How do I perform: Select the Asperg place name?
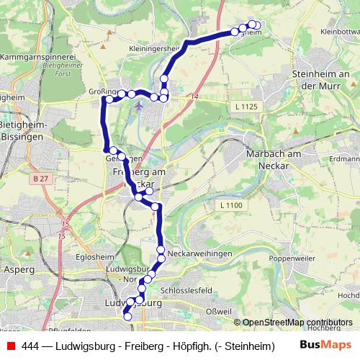point(19,269)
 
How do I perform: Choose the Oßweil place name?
point(219,310)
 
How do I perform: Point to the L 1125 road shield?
point(246,107)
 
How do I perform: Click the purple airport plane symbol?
point(138,106)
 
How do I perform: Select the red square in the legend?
point(10,346)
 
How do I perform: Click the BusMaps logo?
point(325,346)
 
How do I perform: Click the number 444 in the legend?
point(30,346)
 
